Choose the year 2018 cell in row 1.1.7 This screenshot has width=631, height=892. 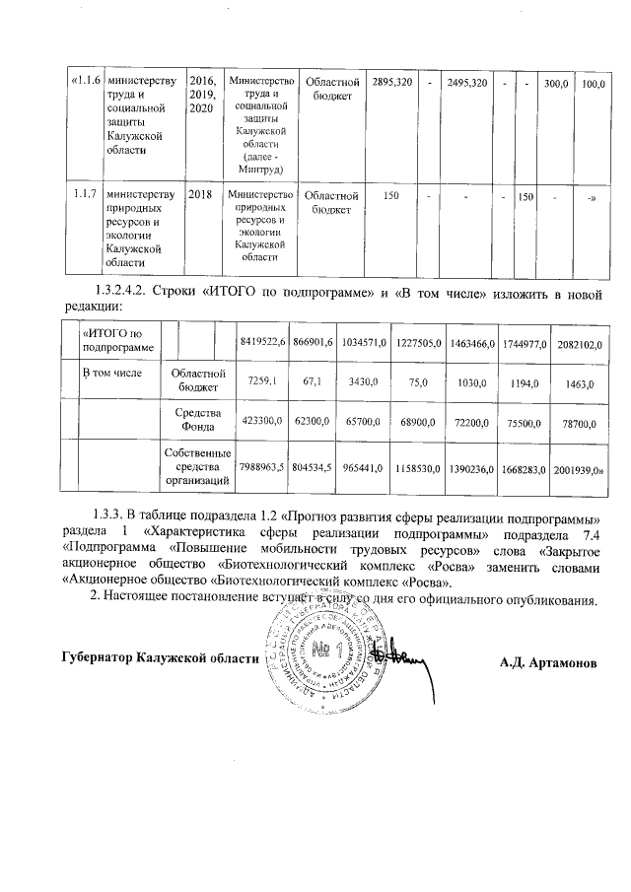[x=200, y=196]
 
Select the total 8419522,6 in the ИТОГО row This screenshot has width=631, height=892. [x=263, y=340]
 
